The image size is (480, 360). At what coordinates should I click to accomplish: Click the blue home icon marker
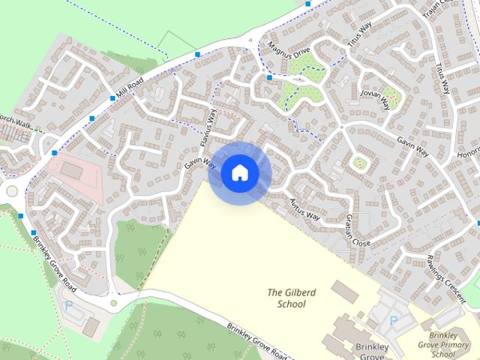point(239,172)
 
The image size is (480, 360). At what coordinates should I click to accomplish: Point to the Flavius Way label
point(207,127)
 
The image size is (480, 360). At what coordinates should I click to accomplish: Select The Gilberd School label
point(286,298)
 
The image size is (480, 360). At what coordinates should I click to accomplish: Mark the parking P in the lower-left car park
point(69,306)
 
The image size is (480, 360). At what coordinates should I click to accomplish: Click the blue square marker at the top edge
point(309,4)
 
